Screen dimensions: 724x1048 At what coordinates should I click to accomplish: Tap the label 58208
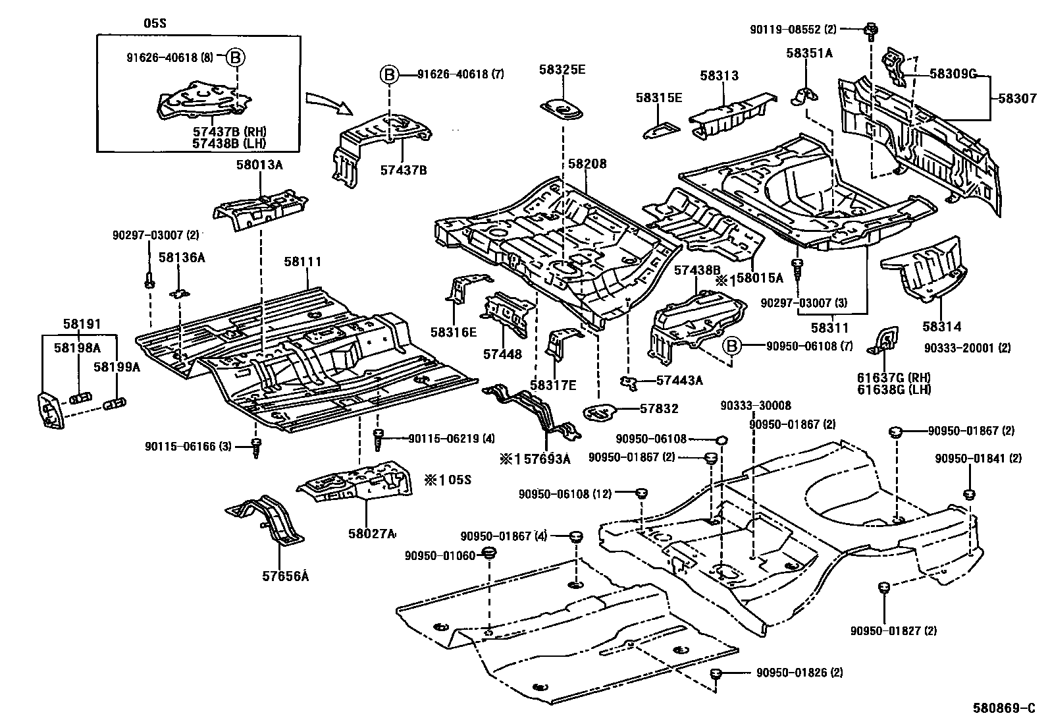(586, 164)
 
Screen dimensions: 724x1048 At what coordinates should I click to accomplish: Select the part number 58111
(303, 262)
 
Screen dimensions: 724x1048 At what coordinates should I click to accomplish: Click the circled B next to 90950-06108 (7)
(732, 345)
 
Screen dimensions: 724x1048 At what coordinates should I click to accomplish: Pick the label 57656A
(285, 575)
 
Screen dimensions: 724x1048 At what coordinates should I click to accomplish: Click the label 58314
(941, 326)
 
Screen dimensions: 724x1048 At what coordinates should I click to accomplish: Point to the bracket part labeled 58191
(49, 410)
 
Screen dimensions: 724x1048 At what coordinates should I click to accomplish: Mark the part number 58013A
(259, 165)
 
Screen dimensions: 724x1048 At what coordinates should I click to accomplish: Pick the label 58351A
(808, 53)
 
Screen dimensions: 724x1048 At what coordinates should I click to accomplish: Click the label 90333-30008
(755, 406)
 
